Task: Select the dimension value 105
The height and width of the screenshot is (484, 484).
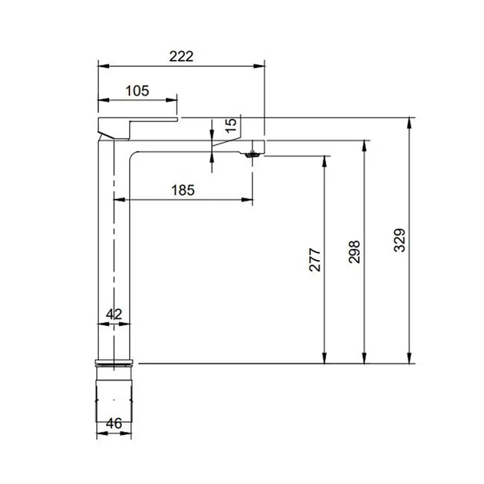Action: (x=137, y=91)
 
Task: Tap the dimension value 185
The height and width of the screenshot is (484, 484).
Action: (x=184, y=190)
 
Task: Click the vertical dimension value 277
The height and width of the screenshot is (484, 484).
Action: (x=315, y=259)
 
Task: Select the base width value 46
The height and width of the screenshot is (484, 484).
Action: (x=114, y=423)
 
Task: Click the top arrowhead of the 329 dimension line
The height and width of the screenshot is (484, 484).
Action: (x=410, y=123)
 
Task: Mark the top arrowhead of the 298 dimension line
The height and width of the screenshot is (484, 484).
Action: (x=366, y=144)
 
